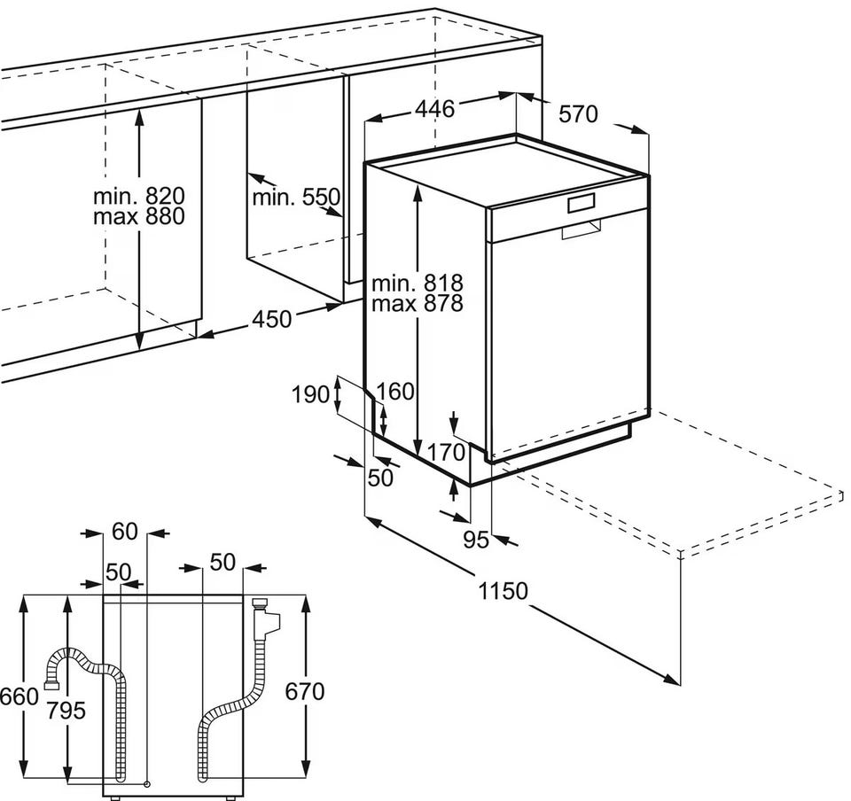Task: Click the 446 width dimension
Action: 434,109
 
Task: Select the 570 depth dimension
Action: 578,114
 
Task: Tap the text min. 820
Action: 139,195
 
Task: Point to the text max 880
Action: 139,215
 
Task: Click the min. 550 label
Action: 296,197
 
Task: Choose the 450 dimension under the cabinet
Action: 272,318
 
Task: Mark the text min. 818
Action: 417,283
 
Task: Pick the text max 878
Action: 417,304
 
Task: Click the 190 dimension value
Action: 310,394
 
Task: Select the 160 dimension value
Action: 395,391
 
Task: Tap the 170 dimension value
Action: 446,452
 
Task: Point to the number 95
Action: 476,539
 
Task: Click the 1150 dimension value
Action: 503,591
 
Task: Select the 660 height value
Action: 19,696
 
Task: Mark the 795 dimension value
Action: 67,709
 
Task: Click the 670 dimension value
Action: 306,690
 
